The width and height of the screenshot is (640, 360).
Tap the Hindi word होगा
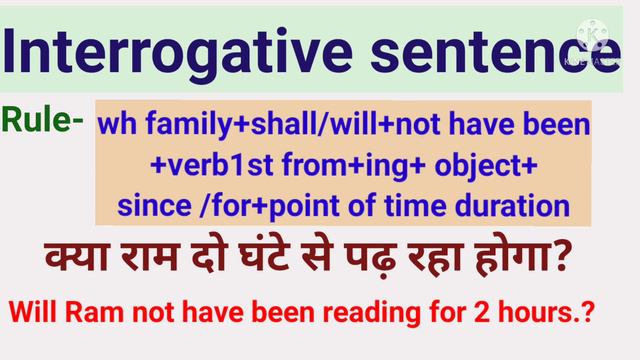[x=536, y=262]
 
